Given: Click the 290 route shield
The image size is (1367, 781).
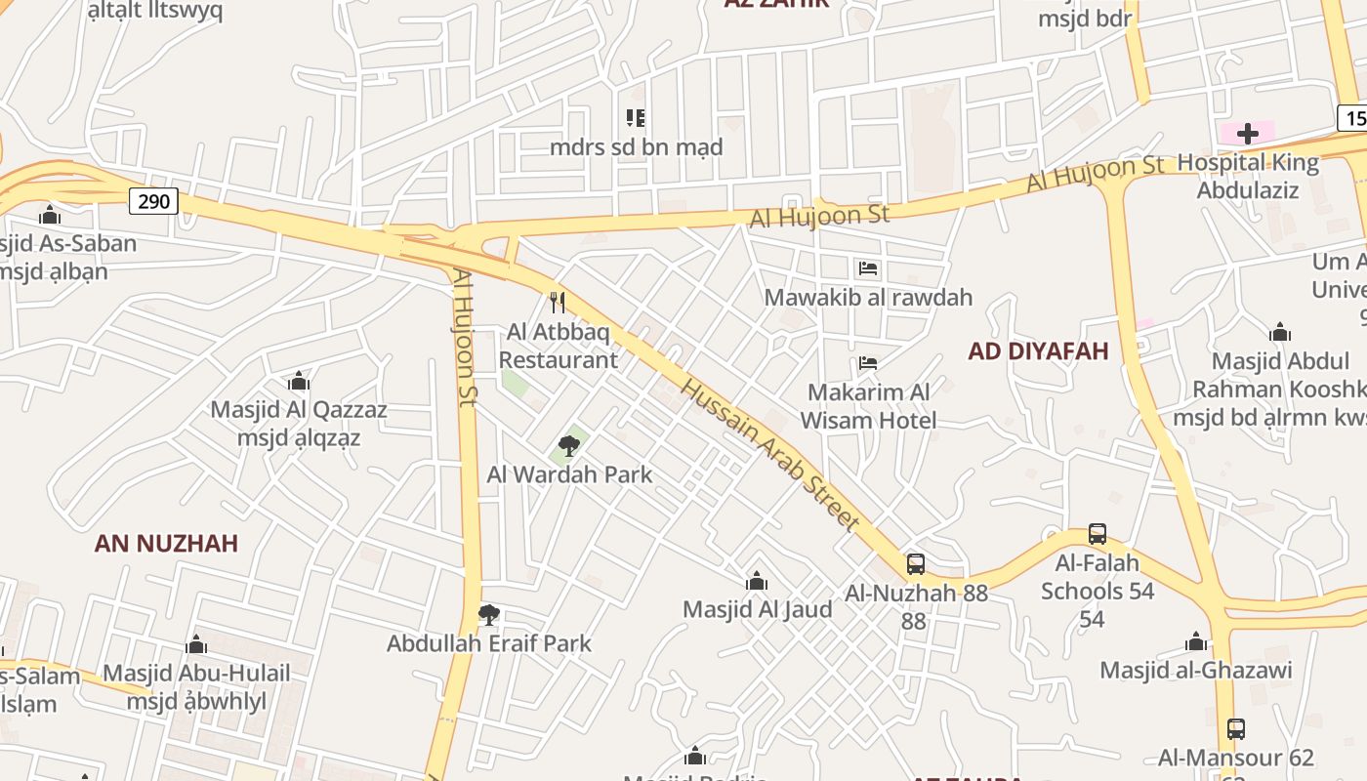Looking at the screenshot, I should (153, 202).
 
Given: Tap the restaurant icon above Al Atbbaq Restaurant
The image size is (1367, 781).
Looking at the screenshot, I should (558, 303).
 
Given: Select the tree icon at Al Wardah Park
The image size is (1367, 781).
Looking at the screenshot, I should (569, 446).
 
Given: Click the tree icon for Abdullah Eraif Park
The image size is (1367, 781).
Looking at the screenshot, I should (488, 615).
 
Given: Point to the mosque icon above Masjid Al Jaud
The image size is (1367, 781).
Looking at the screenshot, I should (756, 582).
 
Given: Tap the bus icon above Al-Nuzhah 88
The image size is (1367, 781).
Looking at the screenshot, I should (916, 563).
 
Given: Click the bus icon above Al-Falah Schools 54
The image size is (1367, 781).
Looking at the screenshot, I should (1098, 534).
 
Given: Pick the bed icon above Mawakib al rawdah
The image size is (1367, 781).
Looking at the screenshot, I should (868, 267).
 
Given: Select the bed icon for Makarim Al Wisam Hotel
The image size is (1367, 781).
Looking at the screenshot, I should (868, 363).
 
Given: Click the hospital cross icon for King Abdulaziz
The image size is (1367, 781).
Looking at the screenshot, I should (1248, 134).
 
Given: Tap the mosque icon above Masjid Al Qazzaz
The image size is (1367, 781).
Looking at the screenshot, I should (299, 381).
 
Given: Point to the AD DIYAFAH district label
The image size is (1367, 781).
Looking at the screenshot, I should (1038, 351).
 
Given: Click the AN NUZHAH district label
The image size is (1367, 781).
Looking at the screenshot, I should (166, 544).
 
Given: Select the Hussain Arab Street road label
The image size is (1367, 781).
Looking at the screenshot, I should (770, 455).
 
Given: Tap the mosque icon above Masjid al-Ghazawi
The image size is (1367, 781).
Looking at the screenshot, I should (1196, 641).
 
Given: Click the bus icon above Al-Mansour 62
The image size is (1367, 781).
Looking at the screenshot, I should (1236, 728).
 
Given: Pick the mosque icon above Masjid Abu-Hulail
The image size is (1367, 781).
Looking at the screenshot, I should (196, 644).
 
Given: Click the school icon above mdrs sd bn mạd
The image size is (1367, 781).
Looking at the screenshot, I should (636, 118).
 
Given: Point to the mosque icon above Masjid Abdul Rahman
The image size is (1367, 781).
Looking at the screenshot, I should (1279, 332).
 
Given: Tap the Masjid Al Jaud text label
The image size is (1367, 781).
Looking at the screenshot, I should (758, 610).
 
